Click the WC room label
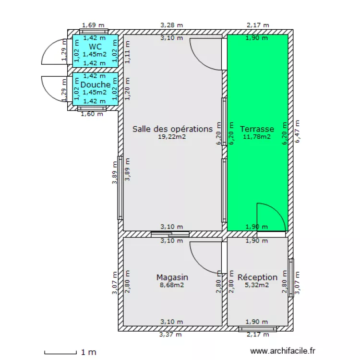[x=95, y=47]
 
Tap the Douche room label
[x=96, y=84]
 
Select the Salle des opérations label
[x=172, y=129]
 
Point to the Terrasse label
[x=257, y=129]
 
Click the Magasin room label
[x=172, y=277]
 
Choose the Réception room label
[x=257, y=277]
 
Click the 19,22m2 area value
[x=172, y=137]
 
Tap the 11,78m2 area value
[x=257, y=137]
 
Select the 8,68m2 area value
[x=172, y=285]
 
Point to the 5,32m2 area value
[x=257, y=285]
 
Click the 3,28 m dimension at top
[x=171, y=25]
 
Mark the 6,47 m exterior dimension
[x=297, y=132]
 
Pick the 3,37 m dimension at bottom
[x=170, y=335]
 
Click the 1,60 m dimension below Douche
[x=92, y=114]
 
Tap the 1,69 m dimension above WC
[x=93, y=25]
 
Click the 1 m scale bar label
[x=89, y=352]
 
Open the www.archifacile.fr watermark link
[x=283, y=351]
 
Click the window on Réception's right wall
[x=291, y=278]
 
